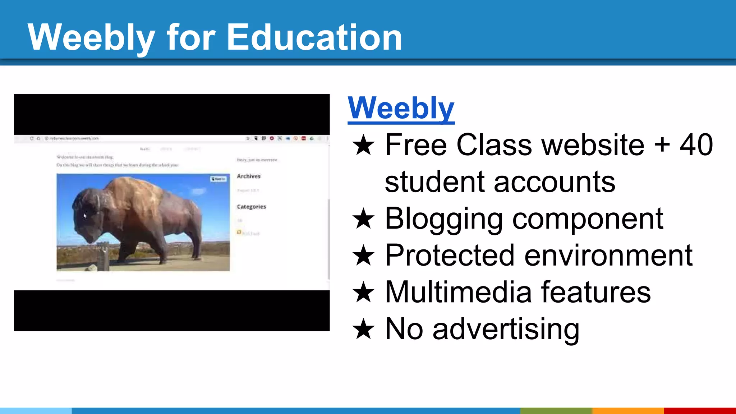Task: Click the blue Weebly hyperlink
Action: [401, 108]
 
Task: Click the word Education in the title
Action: [314, 37]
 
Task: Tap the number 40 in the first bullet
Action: [696, 145]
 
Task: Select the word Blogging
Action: [443, 218]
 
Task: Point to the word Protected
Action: [450, 256]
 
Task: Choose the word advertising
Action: [506, 329]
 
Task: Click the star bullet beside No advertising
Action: [364, 329]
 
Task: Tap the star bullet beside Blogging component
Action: [364, 219]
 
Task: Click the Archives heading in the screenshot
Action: [249, 176]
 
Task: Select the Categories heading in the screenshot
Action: [252, 207]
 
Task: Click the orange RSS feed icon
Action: [239, 232]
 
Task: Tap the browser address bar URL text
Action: [74, 138]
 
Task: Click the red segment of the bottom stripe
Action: [700, 411]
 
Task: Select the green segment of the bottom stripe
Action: [556, 411]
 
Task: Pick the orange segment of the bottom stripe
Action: [628, 411]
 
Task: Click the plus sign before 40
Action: [662, 145]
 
